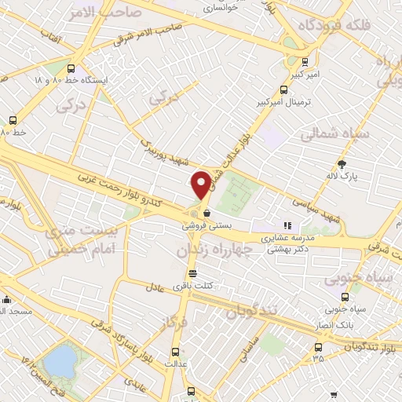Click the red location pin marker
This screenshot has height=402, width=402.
tap(201, 185)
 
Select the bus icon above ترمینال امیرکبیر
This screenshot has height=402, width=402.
tap(285, 90)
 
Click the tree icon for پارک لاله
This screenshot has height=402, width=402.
tap(341, 164)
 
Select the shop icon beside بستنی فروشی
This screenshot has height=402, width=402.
tap(206, 212)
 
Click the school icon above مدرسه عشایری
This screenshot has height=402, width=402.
tap(287, 225)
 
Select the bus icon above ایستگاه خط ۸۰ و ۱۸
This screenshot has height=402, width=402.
tap(72, 68)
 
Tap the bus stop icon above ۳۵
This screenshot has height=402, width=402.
tap(318, 347)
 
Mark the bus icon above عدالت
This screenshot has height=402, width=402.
tap(174, 352)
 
